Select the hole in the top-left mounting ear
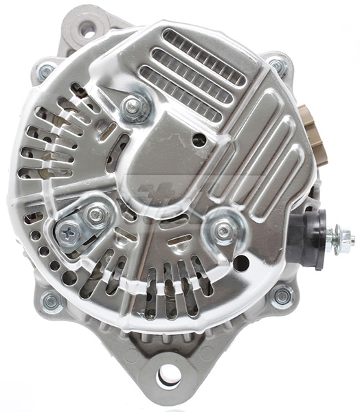pyautogui.click(x=86, y=30)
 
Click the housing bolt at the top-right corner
pyautogui.click(x=277, y=66)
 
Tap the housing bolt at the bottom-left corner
pyautogui.click(x=52, y=300)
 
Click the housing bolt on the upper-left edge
pyautogui.click(x=45, y=70)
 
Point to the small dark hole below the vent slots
pyautogui.click(x=199, y=139)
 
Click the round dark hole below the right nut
pyautogui.click(x=240, y=262)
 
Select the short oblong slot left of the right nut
pyautogui.click(x=180, y=240)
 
